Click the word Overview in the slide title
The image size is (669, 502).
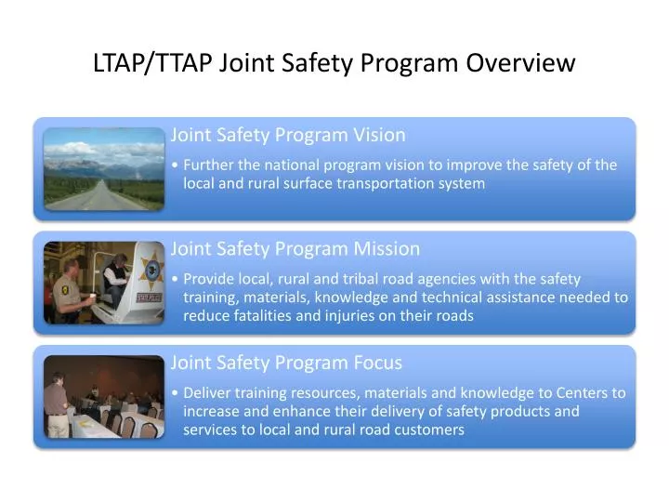520,63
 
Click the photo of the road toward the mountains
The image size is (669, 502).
104,168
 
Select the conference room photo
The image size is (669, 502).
104,397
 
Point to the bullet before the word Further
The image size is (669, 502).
177,165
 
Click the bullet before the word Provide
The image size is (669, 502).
177,279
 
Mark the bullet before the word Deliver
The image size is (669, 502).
177,393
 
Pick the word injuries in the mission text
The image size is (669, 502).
361,316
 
